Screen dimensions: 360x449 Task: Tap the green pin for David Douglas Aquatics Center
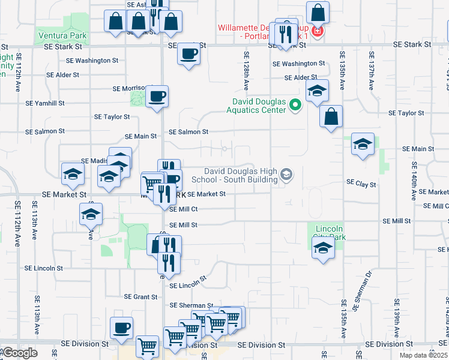click(x=295, y=106)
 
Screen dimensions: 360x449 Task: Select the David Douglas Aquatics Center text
click(x=256, y=106)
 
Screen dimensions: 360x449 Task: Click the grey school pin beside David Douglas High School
click(x=287, y=175)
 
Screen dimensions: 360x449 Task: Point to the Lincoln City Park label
click(x=329, y=233)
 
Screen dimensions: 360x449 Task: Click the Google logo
click(x=19, y=353)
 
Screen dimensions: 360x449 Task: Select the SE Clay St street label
click(x=361, y=184)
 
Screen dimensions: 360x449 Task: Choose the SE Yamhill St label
click(x=44, y=103)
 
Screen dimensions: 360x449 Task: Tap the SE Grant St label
click(x=140, y=296)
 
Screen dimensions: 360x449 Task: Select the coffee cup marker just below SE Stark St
click(x=188, y=55)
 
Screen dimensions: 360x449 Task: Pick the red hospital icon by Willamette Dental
click(x=318, y=31)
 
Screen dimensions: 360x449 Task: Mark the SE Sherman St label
click(x=191, y=306)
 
